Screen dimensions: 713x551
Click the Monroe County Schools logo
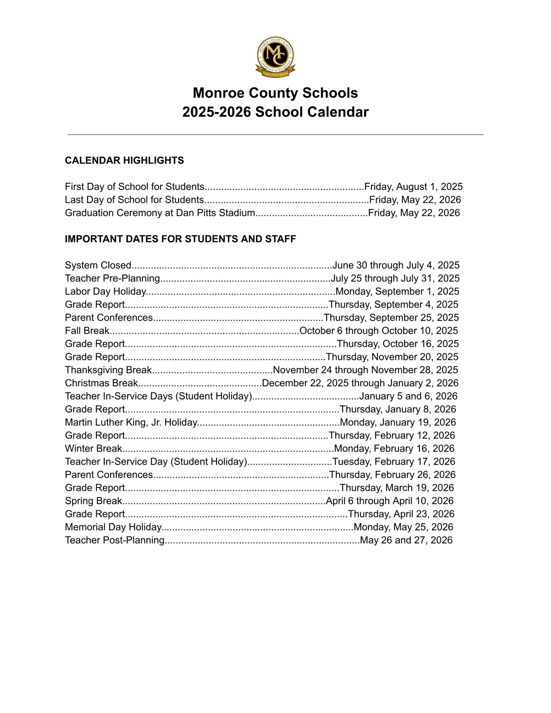(275, 57)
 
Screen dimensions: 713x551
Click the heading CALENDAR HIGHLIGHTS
(124, 160)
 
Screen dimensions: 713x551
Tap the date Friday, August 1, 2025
(413, 187)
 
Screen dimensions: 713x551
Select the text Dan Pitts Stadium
(215, 213)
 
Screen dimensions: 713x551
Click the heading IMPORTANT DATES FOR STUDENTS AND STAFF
(180, 239)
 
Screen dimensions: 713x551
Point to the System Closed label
(98, 265)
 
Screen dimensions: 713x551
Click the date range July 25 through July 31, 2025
(395, 278)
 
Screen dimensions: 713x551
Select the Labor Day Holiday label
(105, 291)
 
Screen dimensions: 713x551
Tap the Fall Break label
(87, 330)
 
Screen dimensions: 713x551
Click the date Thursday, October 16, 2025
(398, 343)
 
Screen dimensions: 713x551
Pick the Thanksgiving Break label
(108, 370)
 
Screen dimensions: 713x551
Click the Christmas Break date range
(360, 383)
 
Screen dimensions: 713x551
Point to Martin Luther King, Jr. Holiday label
(131, 422)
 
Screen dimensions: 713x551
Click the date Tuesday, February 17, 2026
(394, 461)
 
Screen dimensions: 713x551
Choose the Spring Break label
(93, 500)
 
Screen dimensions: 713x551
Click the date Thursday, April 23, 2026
(401, 514)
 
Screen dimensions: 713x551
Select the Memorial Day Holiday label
(113, 527)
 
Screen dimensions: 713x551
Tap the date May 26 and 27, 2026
(406, 540)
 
